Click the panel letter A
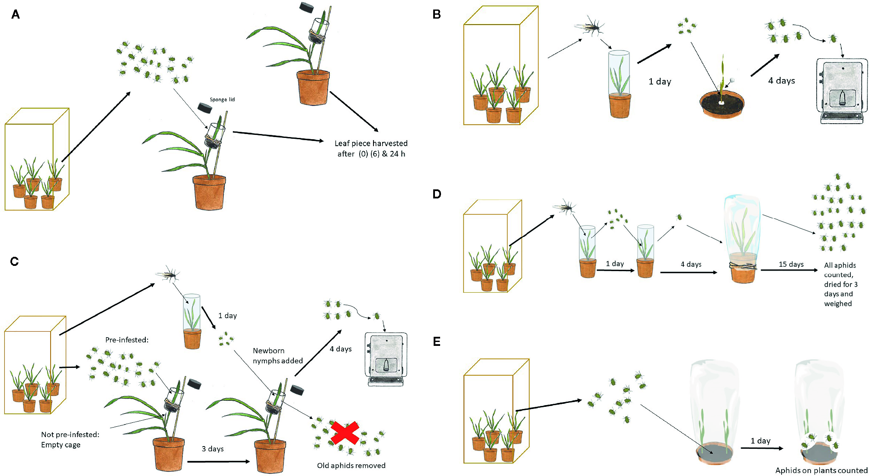[x=16, y=15]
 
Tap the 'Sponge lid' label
[x=222, y=99]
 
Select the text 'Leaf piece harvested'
[x=371, y=143]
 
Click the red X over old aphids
[x=344, y=433]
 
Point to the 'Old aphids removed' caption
[x=351, y=466]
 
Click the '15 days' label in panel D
[x=791, y=264]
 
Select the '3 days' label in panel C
[x=212, y=449]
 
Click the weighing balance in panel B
[x=841, y=91]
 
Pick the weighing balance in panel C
[x=386, y=359]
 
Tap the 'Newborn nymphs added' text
[x=277, y=356]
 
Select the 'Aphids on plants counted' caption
[x=821, y=470]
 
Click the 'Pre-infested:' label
[x=127, y=340]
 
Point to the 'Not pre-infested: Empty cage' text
[x=70, y=440]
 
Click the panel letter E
[x=437, y=342]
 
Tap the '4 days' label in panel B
[x=781, y=80]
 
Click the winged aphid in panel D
[x=564, y=208]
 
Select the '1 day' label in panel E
[x=760, y=441]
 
